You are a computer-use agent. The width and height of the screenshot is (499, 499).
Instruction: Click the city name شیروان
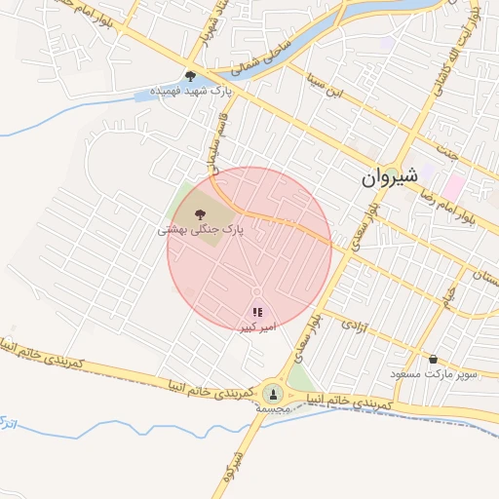390,177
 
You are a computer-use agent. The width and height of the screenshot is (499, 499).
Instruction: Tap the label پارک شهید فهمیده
192,94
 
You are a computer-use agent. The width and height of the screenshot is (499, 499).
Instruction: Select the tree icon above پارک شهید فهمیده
190,75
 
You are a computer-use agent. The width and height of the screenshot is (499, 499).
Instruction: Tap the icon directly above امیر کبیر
257,312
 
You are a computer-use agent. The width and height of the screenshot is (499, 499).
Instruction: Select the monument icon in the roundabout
272,394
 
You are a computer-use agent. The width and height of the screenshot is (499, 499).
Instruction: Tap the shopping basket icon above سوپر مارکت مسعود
433,359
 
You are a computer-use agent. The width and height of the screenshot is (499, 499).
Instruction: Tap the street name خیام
447,291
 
